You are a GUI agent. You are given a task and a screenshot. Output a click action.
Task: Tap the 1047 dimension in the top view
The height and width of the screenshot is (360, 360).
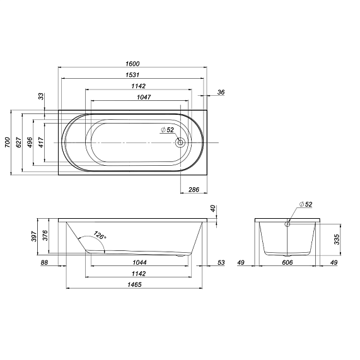139,97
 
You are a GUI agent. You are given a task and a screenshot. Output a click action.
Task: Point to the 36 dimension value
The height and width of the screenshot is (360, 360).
221,92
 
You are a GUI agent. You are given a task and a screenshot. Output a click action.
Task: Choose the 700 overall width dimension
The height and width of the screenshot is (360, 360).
8,142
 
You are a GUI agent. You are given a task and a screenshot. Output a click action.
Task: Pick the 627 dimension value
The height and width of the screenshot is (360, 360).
19,142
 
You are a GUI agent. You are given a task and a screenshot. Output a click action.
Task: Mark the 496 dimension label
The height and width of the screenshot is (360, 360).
30,142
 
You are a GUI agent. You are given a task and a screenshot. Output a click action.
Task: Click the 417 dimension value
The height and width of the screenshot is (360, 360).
42,142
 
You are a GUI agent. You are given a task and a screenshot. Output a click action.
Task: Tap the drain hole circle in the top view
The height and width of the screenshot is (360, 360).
181,142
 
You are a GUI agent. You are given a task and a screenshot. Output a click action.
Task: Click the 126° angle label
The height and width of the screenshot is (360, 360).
100,237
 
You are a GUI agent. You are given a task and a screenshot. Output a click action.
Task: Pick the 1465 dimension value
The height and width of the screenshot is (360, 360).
134,285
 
